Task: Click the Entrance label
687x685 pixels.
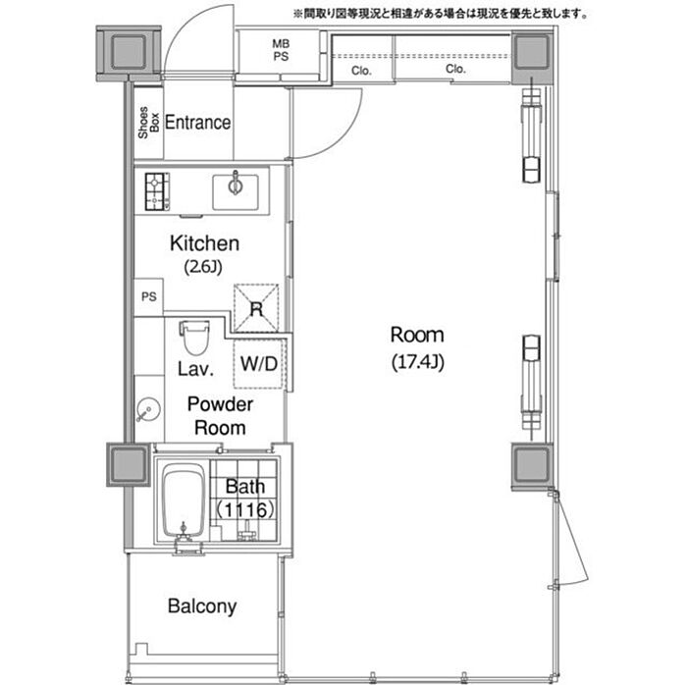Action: coord(197,123)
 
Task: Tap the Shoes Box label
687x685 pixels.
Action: coord(148,123)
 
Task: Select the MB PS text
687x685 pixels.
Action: coord(281,50)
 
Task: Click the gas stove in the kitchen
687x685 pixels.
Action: coord(157,191)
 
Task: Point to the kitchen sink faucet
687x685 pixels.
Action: coord(236,184)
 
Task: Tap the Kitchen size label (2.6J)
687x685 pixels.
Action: coord(203,266)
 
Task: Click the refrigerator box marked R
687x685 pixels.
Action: coord(256,308)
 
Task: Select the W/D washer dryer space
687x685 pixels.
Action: coord(259,363)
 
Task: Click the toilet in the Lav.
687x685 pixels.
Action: coord(194,338)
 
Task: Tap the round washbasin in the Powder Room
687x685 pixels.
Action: coord(148,409)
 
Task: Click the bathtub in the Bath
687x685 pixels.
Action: coord(184,500)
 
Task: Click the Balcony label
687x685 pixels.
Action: coord(202,606)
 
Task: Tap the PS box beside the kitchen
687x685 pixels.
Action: coord(148,297)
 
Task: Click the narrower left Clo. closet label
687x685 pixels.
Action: coord(361,71)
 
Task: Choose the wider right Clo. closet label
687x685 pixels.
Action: coord(455,69)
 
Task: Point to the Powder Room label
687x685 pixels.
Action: coord(220,416)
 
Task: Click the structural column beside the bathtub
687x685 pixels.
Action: coord(129,465)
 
